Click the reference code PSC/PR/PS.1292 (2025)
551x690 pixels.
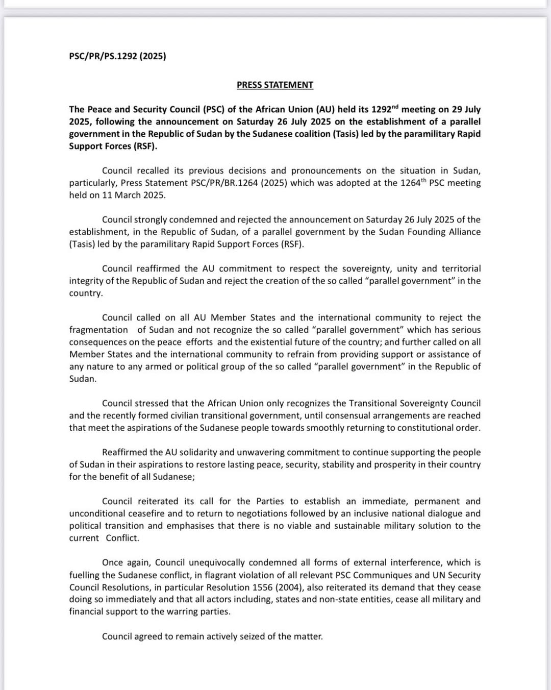coord(117,56)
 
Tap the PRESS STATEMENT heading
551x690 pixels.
coord(274,85)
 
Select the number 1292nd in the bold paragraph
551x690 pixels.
coord(385,109)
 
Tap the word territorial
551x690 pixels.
coord(461,268)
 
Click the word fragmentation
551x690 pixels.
coord(98,330)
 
